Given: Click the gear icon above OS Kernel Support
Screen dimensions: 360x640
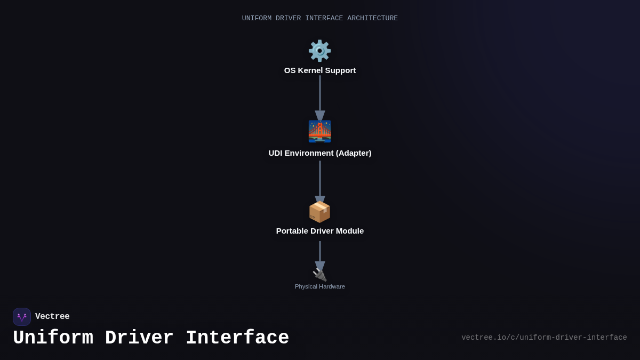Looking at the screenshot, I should pos(319,51).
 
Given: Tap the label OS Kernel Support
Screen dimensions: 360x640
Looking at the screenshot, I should pos(319,70).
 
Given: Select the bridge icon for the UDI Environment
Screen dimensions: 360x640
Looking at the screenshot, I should pos(319,131).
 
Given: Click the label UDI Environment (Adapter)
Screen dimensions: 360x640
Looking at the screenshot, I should pos(319,153).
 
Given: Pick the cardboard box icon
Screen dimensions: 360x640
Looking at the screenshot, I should pos(319,212).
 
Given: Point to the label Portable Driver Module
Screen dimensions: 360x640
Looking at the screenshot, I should pos(319,231).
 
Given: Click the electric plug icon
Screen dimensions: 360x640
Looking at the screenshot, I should pos(319,275).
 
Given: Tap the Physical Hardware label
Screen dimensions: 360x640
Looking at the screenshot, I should pos(319,286).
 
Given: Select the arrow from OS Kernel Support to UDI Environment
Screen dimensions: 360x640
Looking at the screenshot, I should pos(320,96).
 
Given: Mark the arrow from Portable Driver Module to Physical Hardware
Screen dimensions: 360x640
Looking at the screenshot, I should pos(320,253).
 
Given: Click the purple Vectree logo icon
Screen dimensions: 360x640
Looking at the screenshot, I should pos(22,317).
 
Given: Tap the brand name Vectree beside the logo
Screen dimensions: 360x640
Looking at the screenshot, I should pos(52,317).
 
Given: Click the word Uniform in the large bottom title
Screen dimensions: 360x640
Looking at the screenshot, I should pos(53,338).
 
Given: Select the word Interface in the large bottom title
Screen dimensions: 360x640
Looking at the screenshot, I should pos(237,338).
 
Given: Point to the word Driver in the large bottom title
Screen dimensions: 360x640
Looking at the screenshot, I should pos(139,338).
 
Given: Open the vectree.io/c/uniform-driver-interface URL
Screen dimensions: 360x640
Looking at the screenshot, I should pos(544,338).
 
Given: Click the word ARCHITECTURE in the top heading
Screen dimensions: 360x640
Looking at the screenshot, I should pos(372,19).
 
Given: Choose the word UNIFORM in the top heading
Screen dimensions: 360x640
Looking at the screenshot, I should pos(257,19).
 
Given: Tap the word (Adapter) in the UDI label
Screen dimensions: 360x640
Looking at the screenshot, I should pos(350,153).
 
